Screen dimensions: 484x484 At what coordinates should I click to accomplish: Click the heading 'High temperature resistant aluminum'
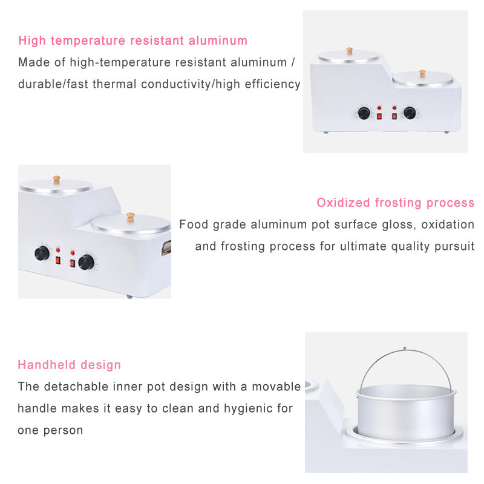pyautogui.click(x=132, y=41)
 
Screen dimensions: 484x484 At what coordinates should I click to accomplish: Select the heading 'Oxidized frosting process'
pyautogui.click(x=396, y=203)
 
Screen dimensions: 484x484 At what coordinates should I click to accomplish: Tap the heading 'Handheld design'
pyautogui.click(x=69, y=365)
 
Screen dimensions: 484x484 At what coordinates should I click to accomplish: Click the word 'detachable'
pyautogui.click(x=76, y=387)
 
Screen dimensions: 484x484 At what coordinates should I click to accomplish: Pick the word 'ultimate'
pyautogui.click(x=363, y=246)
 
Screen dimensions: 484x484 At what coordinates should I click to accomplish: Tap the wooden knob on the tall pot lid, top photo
pyautogui.click(x=349, y=51)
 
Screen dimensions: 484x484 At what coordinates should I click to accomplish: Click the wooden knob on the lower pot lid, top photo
pyautogui.click(x=422, y=73)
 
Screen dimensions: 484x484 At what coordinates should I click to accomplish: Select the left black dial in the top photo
pyautogui.click(x=364, y=113)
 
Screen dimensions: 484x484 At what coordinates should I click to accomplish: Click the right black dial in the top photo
pyautogui.click(x=410, y=113)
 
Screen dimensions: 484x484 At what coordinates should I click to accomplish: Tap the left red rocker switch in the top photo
pyautogui.click(x=379, y=116)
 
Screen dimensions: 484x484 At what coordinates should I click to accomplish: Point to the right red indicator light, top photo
pyautogui.click(x=394, y=108)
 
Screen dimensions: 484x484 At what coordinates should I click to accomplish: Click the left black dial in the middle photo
pyautogui.click(x=42, y=253)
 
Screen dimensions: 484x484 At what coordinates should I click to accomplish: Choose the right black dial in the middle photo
pyautogui.click(x=86, y=263)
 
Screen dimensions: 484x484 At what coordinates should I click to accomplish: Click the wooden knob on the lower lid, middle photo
pyautogui.click(x=131, y=217)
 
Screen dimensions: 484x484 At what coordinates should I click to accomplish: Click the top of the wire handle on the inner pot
pyautogui.click(x=405, y=349)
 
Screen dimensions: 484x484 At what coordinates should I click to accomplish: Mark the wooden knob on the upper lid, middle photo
pyautogui.click(x=56, y=180)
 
